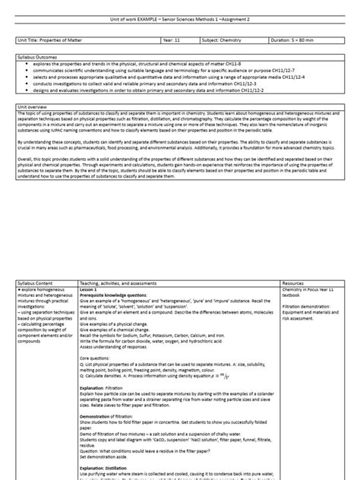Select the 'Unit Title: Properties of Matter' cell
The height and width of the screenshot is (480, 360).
click(x=52, y=38)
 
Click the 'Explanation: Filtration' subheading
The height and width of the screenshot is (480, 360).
click(x=103, y=365)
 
